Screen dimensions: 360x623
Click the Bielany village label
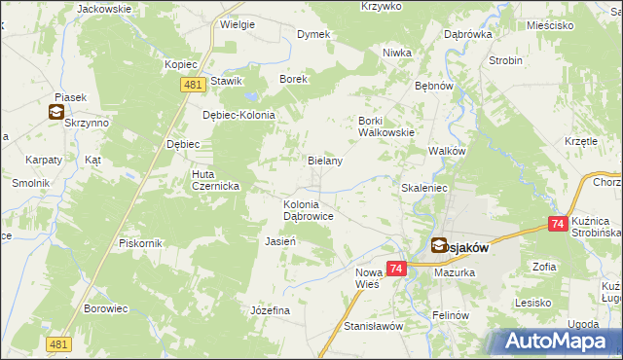click(325, 161)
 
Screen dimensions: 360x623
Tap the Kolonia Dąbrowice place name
click(309, 210)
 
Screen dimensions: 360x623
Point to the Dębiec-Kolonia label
click(239, 115)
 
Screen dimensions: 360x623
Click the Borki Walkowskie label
click(386, 126)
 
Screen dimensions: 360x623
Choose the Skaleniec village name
click(423, 186)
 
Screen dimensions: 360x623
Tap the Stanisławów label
click(373, 326)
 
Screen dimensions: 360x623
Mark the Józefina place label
click(271, 309)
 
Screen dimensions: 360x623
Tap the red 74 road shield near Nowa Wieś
click(395, 268)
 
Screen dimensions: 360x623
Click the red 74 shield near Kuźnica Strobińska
click(558, 224)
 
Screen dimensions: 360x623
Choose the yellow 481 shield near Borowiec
click(57, 344)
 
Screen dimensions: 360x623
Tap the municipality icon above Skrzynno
click(55, 113)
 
